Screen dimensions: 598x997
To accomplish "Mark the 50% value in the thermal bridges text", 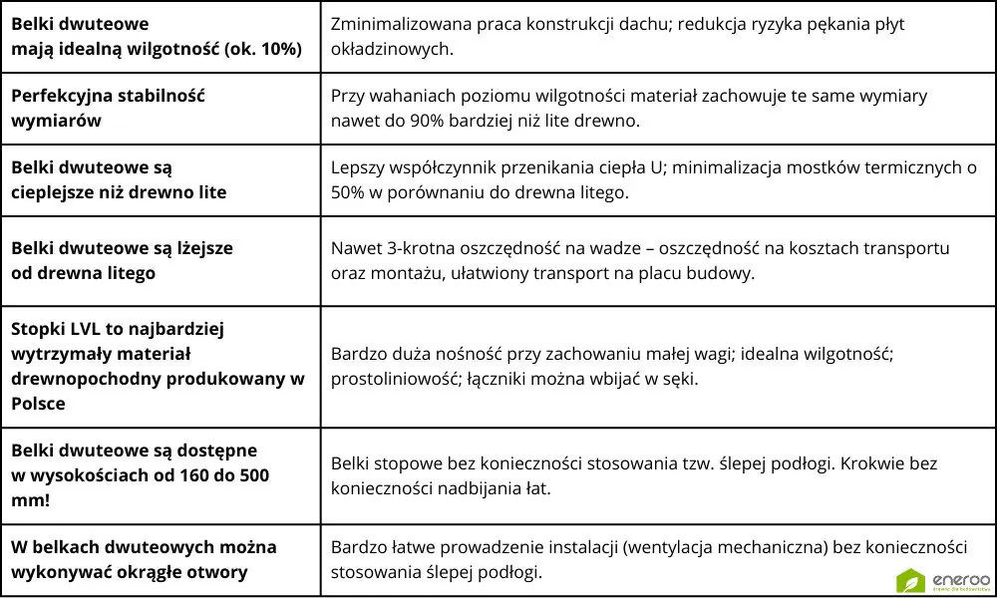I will coord(348,192).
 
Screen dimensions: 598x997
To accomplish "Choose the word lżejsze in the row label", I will coord(202,248).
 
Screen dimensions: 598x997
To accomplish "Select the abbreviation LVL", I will coord(86,328).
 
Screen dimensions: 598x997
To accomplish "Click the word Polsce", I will coord(39,404).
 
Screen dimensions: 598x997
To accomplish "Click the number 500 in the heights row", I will coord(252,475).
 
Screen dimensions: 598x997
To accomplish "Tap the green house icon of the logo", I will coord(911,579).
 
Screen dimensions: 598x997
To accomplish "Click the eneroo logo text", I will coord(958,577).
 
